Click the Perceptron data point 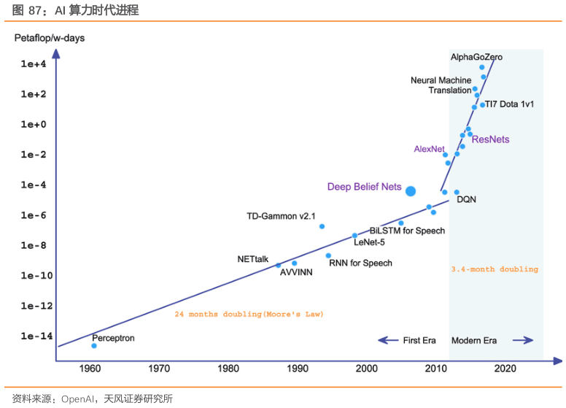pos(94,346)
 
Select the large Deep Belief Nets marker pos(411,191)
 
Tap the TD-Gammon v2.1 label pos(281,216)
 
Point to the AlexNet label pos(429,149)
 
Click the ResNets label pos(491,139)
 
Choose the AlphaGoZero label pos(476,57)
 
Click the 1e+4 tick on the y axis pos(34,64)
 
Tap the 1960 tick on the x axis pos(90,369)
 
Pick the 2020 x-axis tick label pos(505,369)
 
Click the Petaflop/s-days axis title pos(50,37)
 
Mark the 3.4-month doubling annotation pos(495,269)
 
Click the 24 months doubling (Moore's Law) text pos(249,314)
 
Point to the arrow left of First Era pos(387,340)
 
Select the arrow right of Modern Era pos(523,340)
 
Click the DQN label pos(466,199)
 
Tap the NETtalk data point pos(279,265)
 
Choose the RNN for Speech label pos(360,263)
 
